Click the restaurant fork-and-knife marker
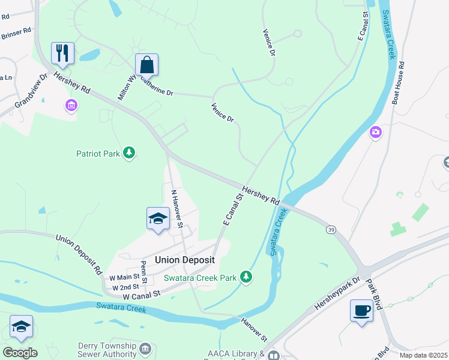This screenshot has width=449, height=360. coord(62,53)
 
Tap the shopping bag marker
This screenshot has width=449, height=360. coord(146,64)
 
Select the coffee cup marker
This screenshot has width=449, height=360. coord(361,311)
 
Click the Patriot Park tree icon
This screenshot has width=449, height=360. coord(128,154)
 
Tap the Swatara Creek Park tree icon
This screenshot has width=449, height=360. coord(246,277)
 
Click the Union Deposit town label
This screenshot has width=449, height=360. coord(184,260)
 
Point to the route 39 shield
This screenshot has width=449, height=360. coord(331,230)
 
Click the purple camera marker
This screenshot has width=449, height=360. coord(376,132)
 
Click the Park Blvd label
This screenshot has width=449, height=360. coord(375,294)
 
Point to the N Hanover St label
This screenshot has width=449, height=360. coord(176,209)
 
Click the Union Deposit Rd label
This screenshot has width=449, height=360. coord(79,254)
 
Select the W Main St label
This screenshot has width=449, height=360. coord(124,277)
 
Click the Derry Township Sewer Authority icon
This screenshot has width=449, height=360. coord(145,348)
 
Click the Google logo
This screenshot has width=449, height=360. coord(20,353)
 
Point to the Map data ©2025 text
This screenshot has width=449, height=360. coord(423,355)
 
